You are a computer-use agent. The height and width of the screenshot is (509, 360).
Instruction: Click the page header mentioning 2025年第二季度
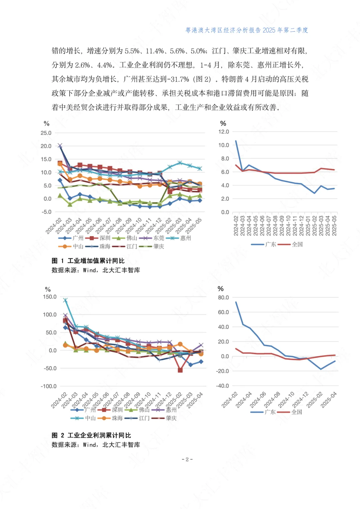pyautogui.click(x=246, y=30)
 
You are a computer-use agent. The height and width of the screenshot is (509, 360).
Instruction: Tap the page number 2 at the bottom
pyautogui.click(x=187, y=459)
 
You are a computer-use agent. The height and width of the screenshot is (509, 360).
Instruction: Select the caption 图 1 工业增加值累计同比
pyautogui.click(x=88, y=261)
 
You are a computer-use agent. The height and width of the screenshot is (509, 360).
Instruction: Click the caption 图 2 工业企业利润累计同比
pyautogui.click(x=91, y=435)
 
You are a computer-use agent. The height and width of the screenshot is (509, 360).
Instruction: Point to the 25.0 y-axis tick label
pyautogui.click(x=46, y=133)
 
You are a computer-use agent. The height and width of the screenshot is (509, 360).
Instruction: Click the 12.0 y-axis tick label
pyautogui.click(x=224, y=132)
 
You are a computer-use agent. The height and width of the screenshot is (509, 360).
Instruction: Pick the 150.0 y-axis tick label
pyautogui.click(x=50, y=297)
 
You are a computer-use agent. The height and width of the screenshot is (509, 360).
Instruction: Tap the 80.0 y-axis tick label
pyautogui.click(x=223, y=297)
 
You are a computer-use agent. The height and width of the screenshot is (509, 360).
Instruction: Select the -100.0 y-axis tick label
pyautogui.click(x=49, y=386)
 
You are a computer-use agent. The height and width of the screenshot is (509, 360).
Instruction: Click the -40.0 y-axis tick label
pyautogui.click(x=223, y=386)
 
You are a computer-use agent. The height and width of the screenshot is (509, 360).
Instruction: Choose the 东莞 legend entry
pyautogui.click(x=159, y=238)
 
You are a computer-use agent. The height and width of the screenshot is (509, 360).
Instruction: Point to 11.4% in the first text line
pyautogui.click(x=154, y=51)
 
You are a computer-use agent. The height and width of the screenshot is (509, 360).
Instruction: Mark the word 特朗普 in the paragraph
pyautogui.click(x=232, y=79)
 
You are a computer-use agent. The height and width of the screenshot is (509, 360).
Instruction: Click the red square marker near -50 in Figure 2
pyautogui.click(x=180, y=370)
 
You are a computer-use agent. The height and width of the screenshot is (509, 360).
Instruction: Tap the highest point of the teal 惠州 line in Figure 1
pyautogui.click(x=180, y=163)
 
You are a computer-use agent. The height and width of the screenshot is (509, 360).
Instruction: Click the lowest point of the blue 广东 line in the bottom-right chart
pyautogui.click(x=321, y=369)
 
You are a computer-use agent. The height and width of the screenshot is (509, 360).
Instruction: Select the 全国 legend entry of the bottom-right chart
pyautogui.click(x=297, y=412)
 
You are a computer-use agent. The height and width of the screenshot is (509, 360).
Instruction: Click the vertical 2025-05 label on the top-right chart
pyautogui.click(x=334, y=226)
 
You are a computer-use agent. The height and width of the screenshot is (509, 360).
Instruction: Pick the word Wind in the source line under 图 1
pyautogui.click(x=89, y=270)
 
